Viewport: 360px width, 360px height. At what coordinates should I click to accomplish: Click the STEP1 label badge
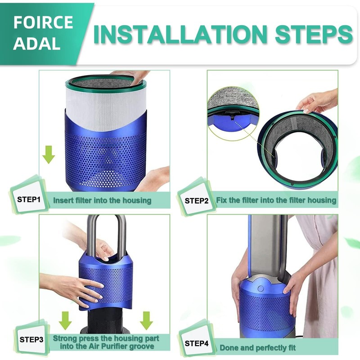[29, 198]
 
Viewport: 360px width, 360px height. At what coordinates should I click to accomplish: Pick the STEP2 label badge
[197, 200]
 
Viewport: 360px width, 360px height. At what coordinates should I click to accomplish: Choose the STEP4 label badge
[197, 343]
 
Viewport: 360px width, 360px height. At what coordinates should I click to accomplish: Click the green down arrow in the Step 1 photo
[49, 156]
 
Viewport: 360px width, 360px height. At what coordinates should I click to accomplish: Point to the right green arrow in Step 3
[146, 320]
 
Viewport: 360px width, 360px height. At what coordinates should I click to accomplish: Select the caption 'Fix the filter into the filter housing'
[276, 199]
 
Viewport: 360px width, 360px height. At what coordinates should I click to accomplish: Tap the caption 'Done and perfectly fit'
[257, 347]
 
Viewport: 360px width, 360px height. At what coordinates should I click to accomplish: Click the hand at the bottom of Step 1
[155, 178]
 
